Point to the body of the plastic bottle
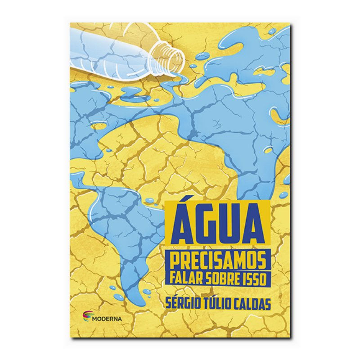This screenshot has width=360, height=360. pyautogui.click(x=112, y=49)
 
